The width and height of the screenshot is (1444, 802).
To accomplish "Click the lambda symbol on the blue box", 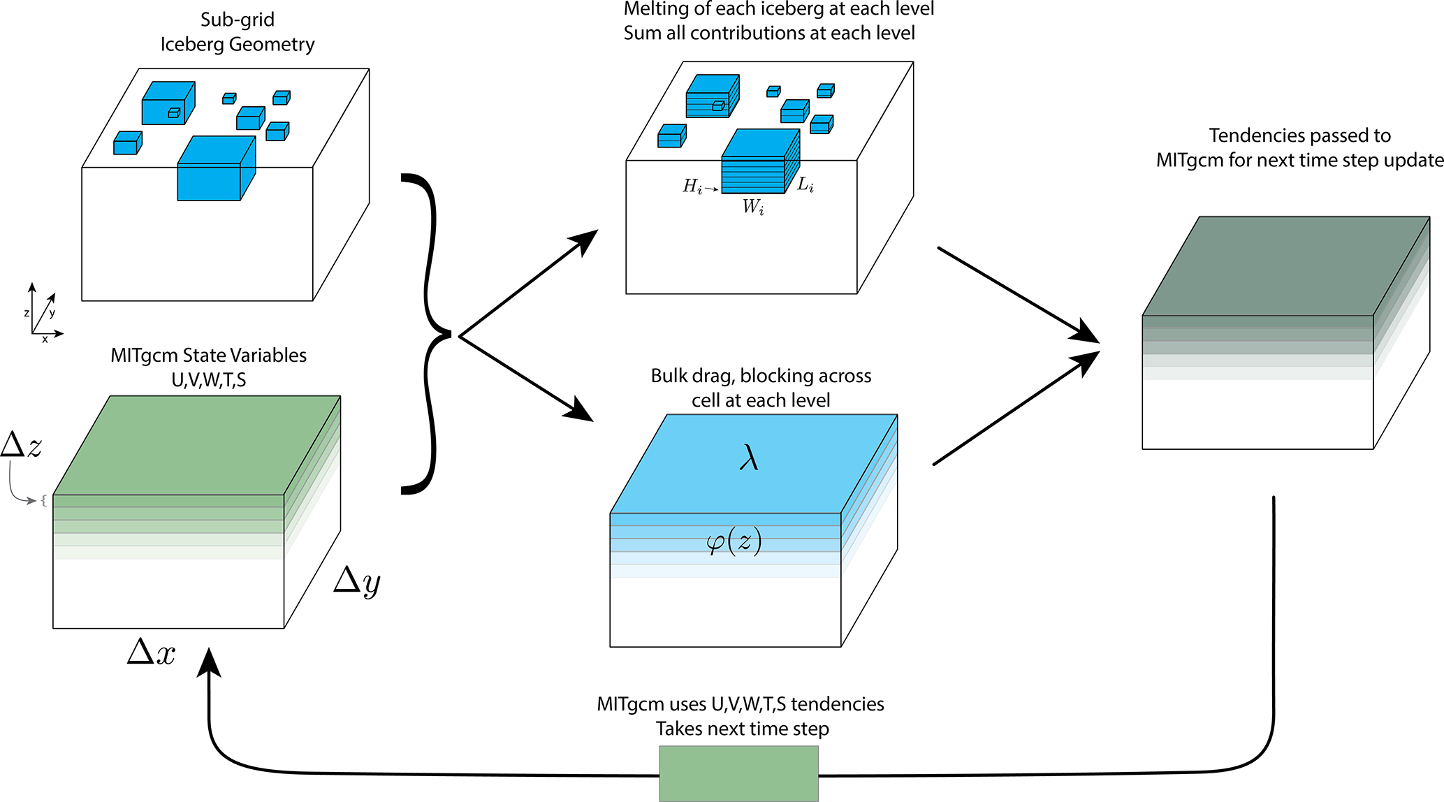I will coord(749,459).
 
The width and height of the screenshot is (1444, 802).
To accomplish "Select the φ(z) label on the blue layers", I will coord(734,541).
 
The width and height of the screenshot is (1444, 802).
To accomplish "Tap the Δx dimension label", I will coord(152,652).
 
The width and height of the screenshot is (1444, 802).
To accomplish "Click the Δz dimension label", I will coord(22,445).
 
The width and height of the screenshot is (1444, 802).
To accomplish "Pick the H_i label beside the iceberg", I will coord(692,186).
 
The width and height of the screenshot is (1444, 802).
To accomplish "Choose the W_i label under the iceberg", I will coord(753,207).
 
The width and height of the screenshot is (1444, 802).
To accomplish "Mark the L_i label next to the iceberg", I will coord(805,184).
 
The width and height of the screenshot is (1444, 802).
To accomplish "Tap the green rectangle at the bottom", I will coord(738,773).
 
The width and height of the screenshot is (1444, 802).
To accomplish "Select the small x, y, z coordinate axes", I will coord(43,314).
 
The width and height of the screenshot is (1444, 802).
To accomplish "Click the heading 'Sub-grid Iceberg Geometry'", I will coord(238,32).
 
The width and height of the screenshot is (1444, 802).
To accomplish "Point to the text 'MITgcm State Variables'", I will coord(208,356).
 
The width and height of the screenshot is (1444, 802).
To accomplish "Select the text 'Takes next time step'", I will coord(742,729).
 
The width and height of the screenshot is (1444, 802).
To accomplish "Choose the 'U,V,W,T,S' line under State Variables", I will coord(208,380).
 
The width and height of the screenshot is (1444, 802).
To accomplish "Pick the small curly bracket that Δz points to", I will coord(43,500).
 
